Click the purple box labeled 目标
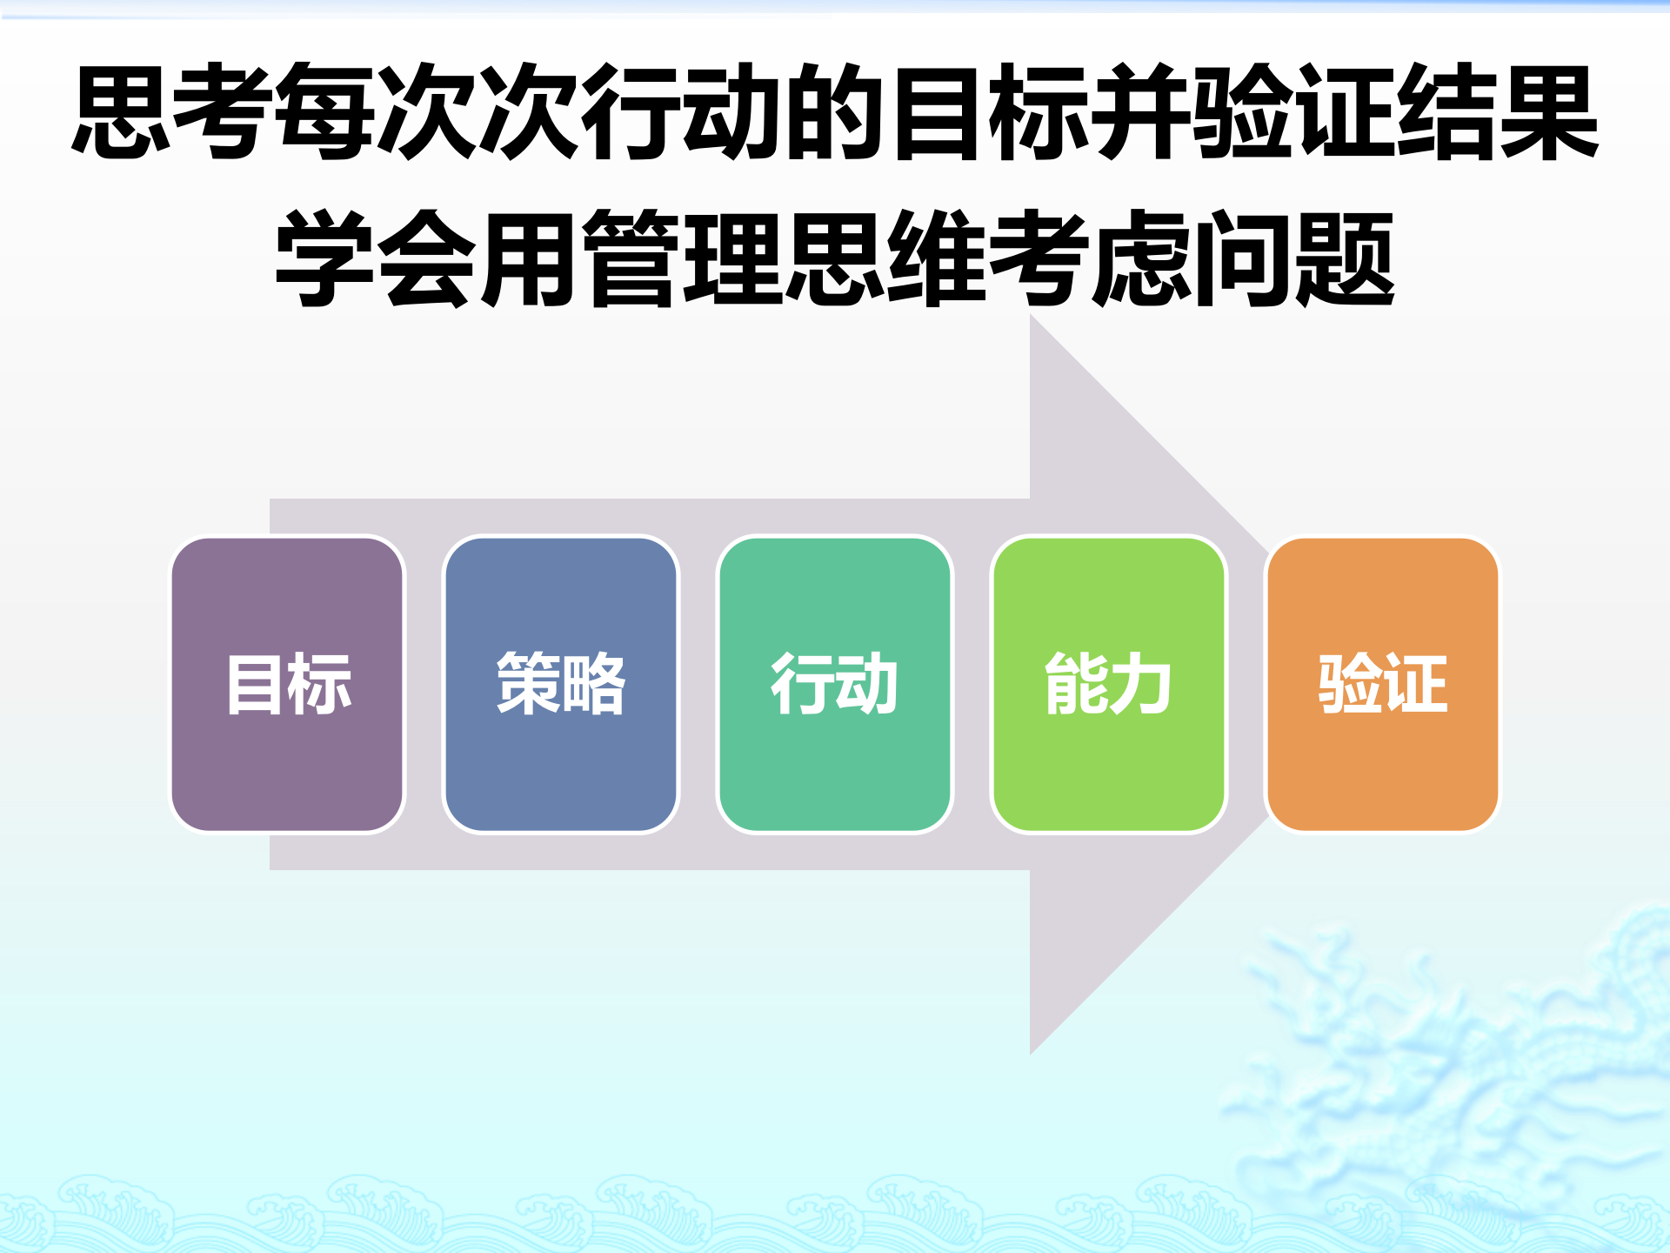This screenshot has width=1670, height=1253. click(x=288, y=684)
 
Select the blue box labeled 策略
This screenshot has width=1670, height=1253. click(x=561, y=684)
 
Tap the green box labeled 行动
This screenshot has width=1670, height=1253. click(x=834, y=684)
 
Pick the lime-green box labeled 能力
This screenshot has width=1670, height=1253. click(x=1108, y=684)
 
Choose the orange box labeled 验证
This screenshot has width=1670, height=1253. click(x=1382, y=684)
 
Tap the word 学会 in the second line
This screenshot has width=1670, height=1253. click(x=376, y=259)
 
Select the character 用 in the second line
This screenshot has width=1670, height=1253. click(x=529, y=259)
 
